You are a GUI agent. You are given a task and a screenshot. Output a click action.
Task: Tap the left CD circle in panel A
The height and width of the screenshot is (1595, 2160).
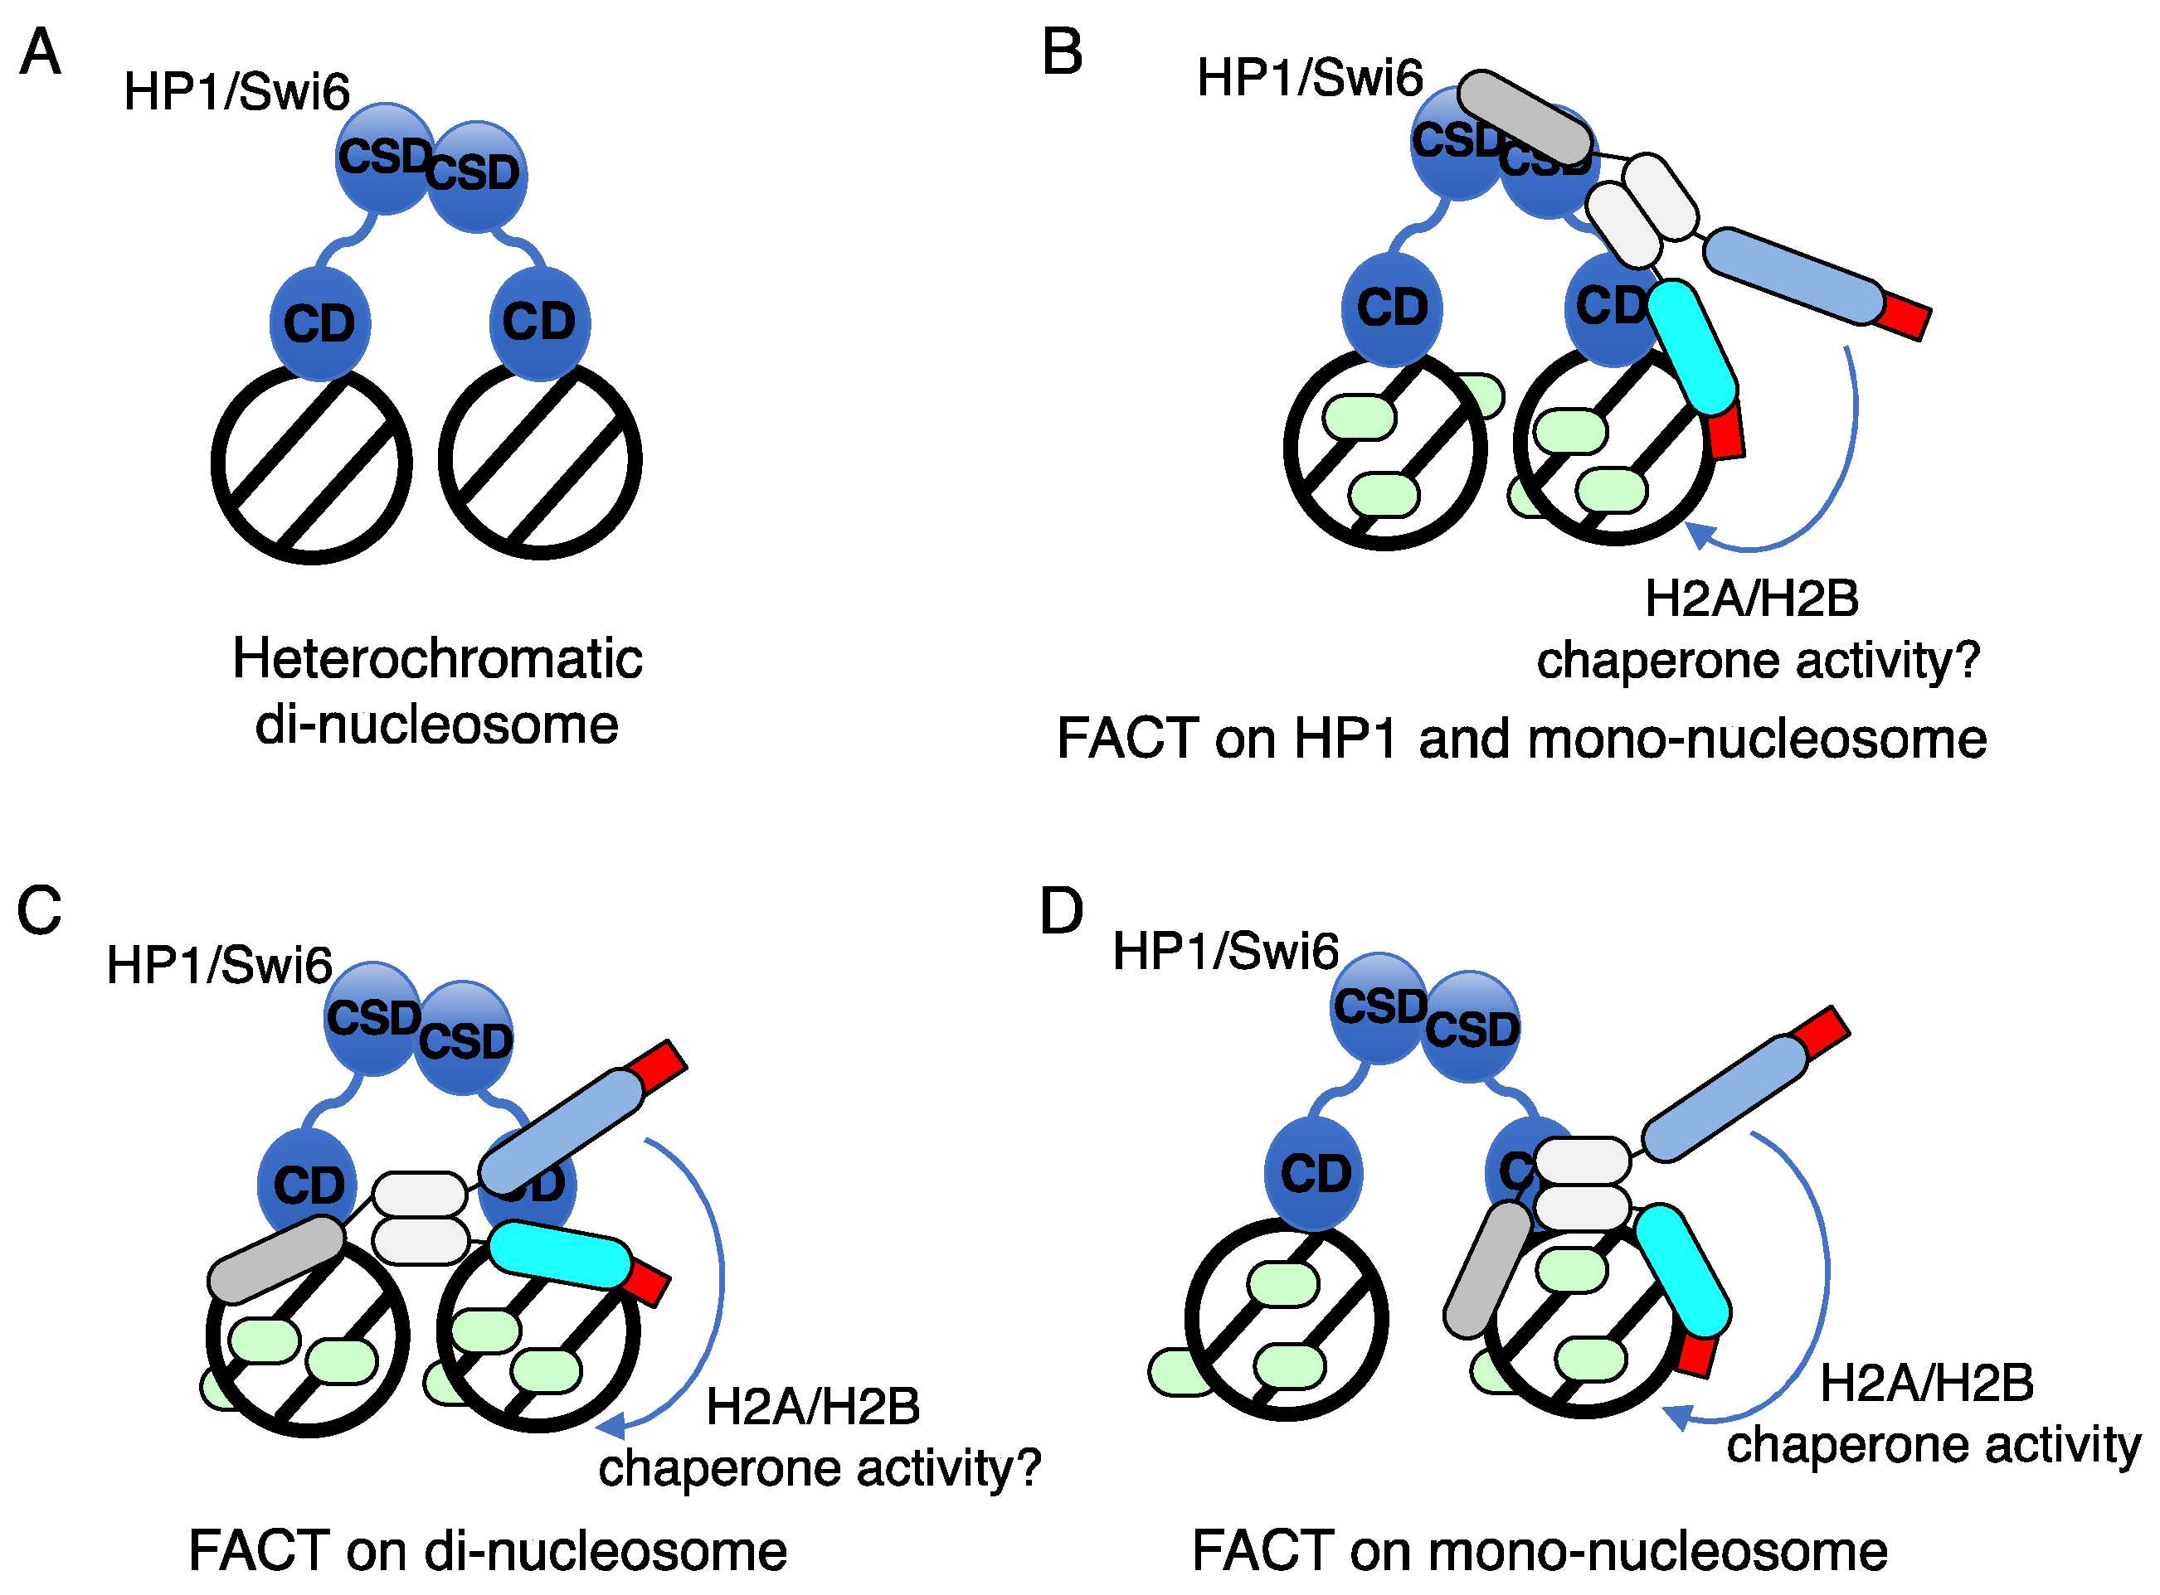pos(319,322)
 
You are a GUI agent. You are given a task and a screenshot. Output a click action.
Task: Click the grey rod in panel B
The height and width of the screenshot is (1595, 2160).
pos(1525,117)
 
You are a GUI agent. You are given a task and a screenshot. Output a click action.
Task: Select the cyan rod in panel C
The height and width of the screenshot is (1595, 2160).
pos(560,1255)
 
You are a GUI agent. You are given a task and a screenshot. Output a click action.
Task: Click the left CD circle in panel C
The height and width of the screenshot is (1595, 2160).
pos(307,1184)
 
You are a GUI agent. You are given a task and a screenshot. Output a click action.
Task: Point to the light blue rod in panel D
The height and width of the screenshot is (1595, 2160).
pos(1725,1098)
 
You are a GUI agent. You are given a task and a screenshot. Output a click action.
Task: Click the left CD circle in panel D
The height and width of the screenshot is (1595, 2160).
pos(1314,1173)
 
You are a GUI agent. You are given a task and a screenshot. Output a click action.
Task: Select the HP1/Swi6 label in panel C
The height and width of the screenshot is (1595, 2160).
pos(219,964)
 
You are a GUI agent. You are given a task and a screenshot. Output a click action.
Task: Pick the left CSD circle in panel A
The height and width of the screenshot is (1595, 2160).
pos(383,158)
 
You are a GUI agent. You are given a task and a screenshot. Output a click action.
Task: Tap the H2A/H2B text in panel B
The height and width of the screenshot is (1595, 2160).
pos(1751,599)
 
